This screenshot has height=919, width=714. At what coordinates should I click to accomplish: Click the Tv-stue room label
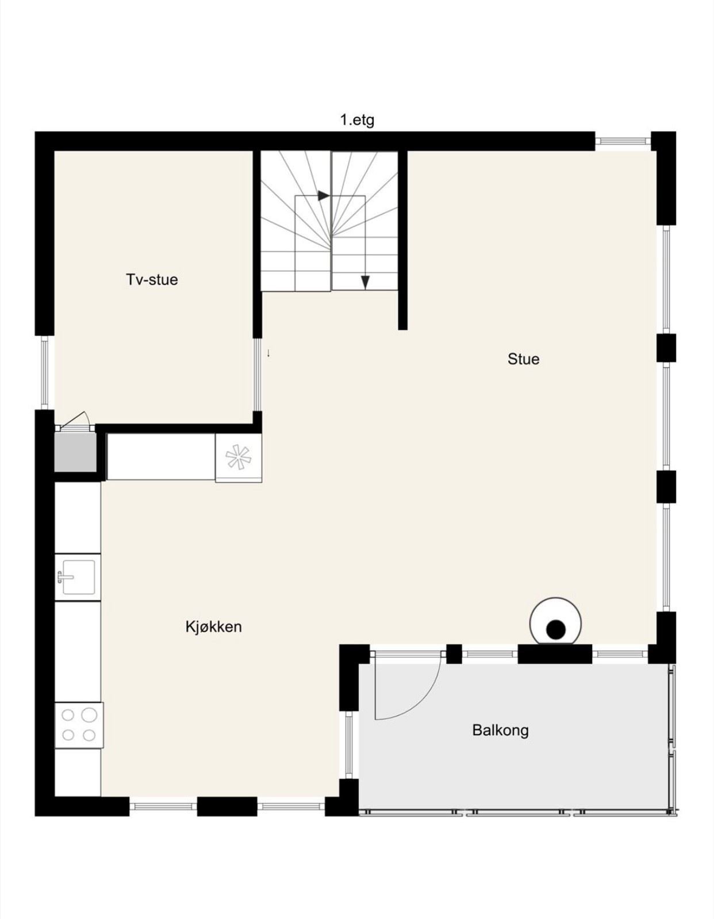click(x=152, y=279)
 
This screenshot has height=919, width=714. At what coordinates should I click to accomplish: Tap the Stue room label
click(x=523, y=359)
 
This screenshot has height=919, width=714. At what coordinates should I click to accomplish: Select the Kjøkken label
click(x=214, y=626)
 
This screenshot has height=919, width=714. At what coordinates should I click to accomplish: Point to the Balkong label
click(x=500, y=730)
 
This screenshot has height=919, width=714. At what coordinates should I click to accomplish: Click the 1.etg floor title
click(x=358, y=121)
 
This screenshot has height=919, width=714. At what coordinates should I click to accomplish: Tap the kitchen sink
click(x=78, y=577)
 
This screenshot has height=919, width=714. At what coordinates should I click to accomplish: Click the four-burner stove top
click(x=79, y=725)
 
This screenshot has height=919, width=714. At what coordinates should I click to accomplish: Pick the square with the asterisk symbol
click(x=239, y=458)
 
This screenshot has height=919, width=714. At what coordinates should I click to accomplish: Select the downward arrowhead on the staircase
click(x=366, y=283)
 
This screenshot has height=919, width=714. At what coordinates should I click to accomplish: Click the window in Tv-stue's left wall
click(x=44, y=372)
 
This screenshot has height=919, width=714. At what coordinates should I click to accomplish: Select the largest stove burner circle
click(x=89, y=715)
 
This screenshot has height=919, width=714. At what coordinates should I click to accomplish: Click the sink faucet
click(x=63, y=576)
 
